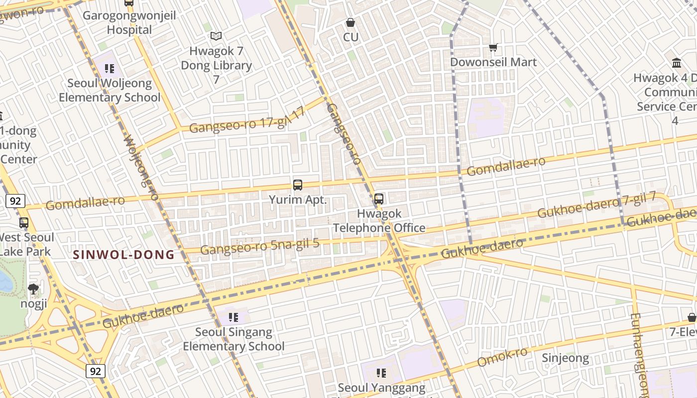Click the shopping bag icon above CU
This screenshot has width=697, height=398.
(x=350, y=22)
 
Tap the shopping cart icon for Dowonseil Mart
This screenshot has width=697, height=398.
(x=493, y=48)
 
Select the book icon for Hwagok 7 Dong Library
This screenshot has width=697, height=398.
(x=216, y=36)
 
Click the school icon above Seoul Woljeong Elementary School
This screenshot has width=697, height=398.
(x=110, y=68)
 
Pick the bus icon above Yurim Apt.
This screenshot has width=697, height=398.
(x=298, y=185)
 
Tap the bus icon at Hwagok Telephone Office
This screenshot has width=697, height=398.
(x=379, y=199)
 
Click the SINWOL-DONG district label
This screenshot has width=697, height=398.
(x=124, y=255)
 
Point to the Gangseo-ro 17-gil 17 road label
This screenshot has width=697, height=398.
(x=247, y=121)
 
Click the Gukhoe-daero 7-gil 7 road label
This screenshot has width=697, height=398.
(x=596, y=206)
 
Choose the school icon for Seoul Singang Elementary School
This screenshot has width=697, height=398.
(x=233, y=317)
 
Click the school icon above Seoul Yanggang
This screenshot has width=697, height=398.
(x=381, y=373)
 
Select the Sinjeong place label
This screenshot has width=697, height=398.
(x=565, y=358)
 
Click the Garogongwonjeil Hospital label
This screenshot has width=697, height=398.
(x=129, y=23)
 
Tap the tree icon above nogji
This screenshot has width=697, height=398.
(x=33, y=289)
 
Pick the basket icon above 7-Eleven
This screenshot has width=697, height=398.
(x=692, y=317)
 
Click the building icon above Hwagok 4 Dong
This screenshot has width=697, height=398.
(x=677, y=63)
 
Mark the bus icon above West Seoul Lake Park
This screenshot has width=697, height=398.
(x=23, y=222)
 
